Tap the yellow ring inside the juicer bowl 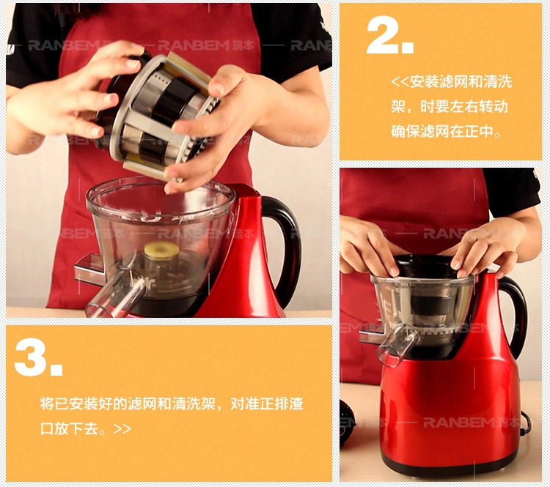(161, 251)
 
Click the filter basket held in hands (158, 112)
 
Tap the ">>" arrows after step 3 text (122, 428)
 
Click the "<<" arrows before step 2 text (400, 81)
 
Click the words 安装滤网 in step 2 (439, 81)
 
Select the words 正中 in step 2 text (479, 131)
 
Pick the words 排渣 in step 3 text (289, 404)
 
